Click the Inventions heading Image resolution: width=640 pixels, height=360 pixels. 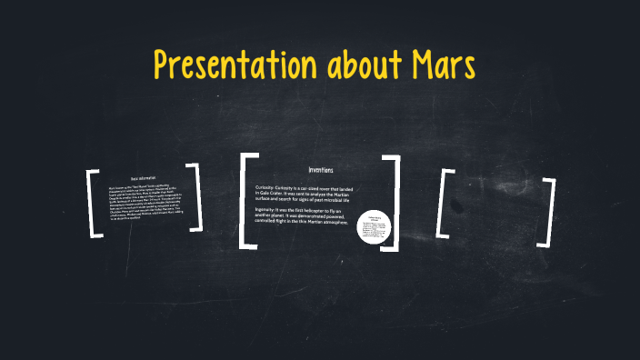321,170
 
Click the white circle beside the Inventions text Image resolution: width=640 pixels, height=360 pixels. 374,226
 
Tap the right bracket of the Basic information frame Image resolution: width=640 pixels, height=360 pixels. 195,196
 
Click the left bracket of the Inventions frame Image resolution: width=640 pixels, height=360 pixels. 245,201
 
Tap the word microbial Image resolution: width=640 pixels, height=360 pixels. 342,199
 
